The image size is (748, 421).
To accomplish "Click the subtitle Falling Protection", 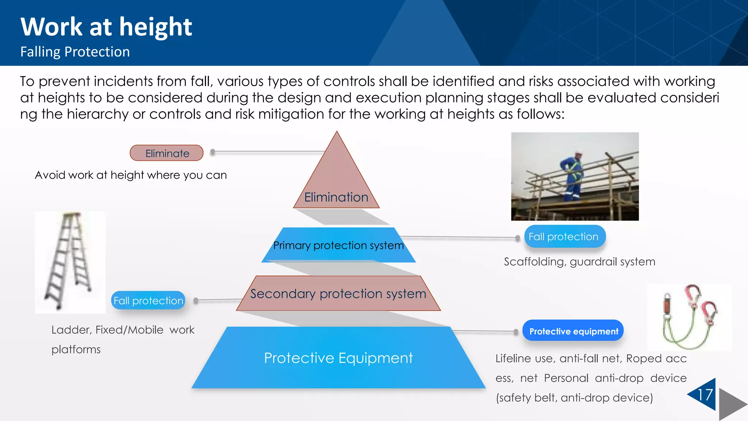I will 75,52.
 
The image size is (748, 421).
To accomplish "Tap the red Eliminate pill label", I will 167,153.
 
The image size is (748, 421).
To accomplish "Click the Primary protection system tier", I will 338,245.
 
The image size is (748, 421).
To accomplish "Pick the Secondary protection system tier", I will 338,294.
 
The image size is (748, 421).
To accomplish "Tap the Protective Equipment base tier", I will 338,358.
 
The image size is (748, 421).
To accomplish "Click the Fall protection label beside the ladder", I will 148,300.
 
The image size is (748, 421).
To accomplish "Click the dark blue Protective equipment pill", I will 573,331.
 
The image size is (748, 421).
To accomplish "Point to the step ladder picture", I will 70,262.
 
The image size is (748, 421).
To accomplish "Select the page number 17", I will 705,395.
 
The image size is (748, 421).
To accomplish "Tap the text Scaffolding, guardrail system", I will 579,262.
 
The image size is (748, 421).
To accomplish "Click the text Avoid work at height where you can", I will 131,175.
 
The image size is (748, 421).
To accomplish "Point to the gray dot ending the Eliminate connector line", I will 213,152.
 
